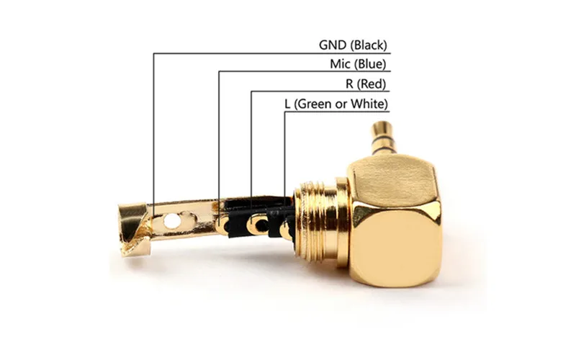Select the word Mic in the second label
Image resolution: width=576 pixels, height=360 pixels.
coord(340,64)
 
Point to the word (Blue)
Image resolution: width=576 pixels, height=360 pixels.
coord(370,64)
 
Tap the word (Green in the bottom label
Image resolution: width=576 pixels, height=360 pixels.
coord(315,104)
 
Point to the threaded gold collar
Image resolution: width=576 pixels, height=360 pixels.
coord(318,223)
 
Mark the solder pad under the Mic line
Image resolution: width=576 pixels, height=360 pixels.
coord(219,224)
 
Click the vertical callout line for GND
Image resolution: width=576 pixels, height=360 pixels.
coord(153,130)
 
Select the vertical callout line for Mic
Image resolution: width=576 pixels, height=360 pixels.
coord(219,137)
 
